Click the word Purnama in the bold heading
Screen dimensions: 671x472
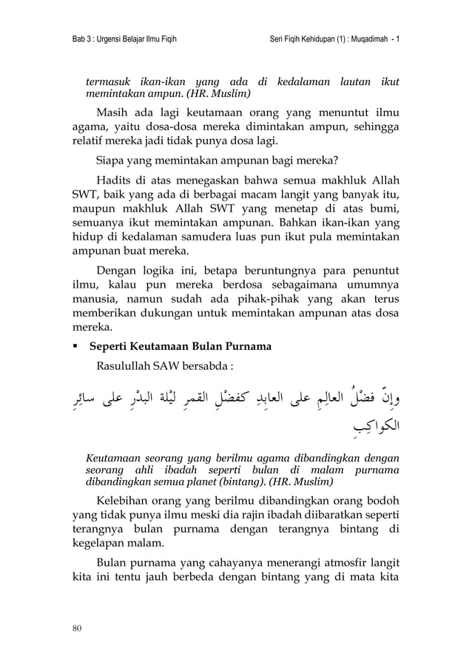coord(243,346)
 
